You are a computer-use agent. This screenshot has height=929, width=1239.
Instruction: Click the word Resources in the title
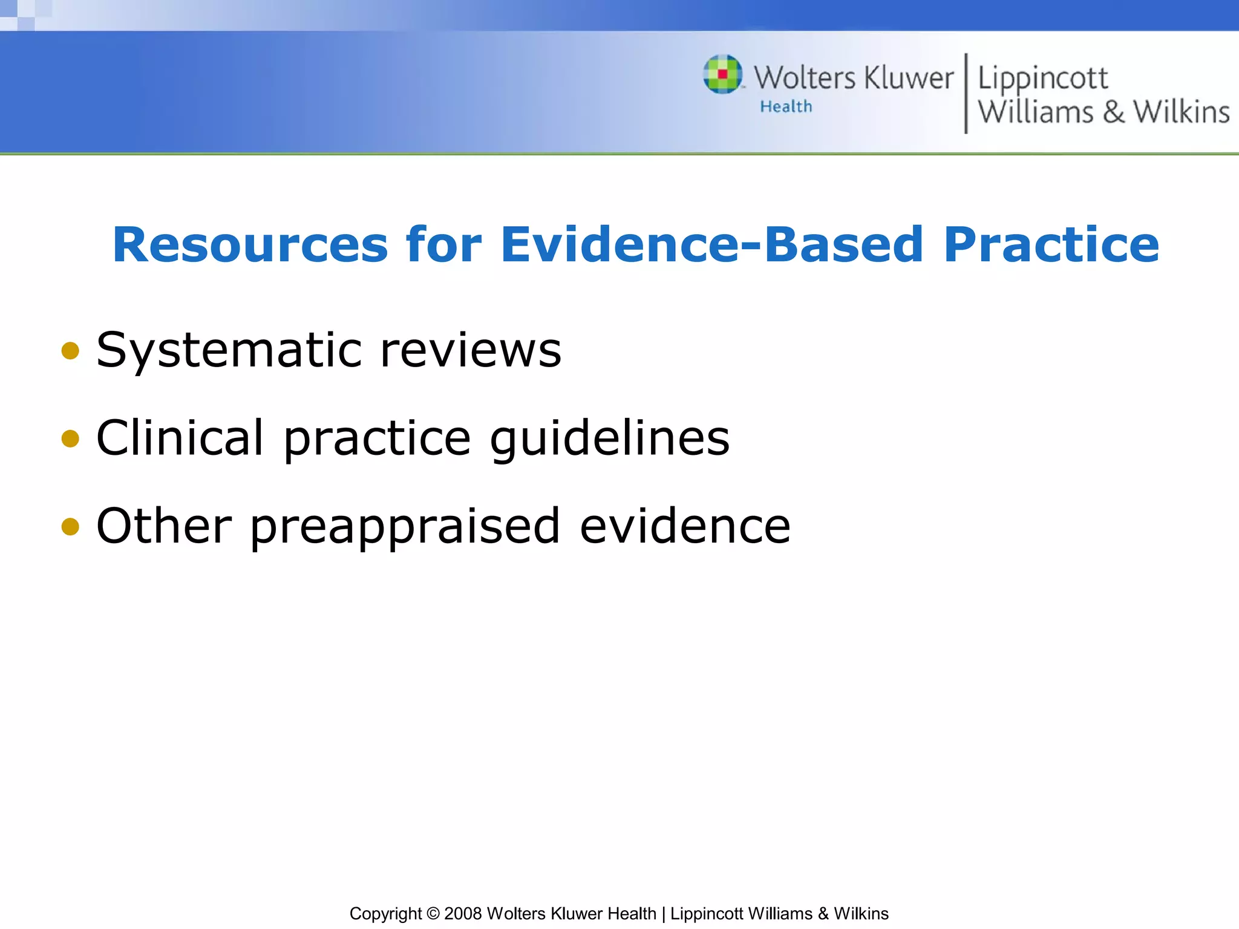click(250, 245)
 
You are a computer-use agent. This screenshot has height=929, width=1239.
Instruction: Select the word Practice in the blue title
click(1051, 245)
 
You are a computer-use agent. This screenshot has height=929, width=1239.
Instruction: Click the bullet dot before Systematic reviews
click(71, 351)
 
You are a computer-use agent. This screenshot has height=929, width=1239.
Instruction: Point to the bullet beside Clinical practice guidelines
click(71, 438)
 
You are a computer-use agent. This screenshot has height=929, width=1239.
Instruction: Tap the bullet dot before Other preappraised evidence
click(71, 526)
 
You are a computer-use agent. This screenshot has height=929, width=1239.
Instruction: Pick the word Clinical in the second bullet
click(180, 438)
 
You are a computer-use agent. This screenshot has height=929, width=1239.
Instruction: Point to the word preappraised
click(405, 527)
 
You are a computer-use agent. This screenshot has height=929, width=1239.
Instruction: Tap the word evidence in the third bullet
click(685, 526)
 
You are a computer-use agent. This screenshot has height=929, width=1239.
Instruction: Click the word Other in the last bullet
click(164, 526)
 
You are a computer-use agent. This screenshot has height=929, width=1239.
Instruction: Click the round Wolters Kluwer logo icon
click(722, 74)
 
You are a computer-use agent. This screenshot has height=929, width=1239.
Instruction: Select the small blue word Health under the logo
click(786, 107)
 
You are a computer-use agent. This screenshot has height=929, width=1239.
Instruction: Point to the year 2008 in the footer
click(463, 913)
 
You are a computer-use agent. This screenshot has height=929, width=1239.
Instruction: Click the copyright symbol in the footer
click(433, 913)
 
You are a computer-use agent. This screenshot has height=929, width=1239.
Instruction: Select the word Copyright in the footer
click(385, 913)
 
